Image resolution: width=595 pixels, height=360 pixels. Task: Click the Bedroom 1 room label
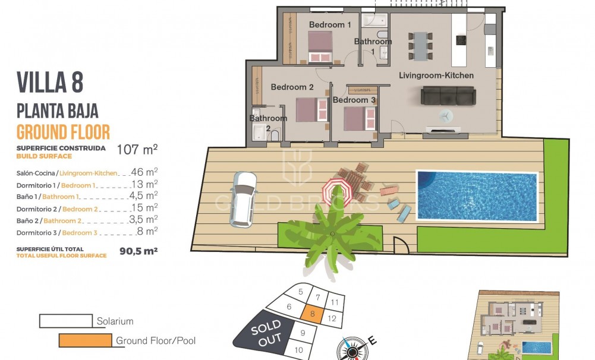(330, 25)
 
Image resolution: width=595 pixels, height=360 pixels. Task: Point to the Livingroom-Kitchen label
(436, 75)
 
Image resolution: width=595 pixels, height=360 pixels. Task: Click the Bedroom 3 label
(354, 100)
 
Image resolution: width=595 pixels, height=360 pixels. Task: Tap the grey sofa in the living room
(448, 95)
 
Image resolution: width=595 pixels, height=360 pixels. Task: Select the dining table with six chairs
(420, 45)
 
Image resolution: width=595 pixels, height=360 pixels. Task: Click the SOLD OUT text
(266, 334)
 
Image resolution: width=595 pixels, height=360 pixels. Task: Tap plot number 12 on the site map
(332, 318)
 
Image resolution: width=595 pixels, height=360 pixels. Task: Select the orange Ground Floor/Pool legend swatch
(86, 340)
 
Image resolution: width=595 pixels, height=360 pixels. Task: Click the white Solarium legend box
(65, 321)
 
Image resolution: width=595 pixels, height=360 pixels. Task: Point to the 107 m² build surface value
(137, 149)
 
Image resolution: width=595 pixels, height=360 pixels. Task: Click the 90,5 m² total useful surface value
(138, 251)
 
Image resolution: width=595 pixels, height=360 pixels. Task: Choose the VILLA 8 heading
(50, 82)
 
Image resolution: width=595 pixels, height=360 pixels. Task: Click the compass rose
(352, 348)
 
